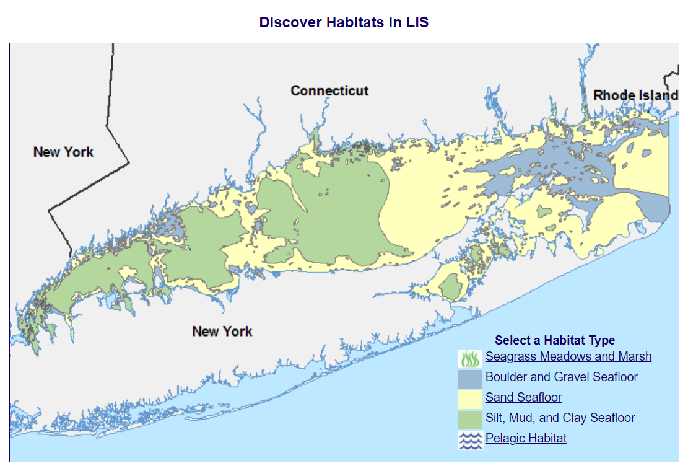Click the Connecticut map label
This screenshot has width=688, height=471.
pyautogui.click(x=329, y=90)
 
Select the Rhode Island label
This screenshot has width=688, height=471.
pyautogui.click(x=635, y=95)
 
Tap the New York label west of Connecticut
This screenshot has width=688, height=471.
pyautogui.click(x=63, y=152)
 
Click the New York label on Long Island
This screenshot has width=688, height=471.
pyautogui.click(x=222, y=331)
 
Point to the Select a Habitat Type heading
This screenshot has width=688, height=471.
pyautogui.click(x=555, y=340)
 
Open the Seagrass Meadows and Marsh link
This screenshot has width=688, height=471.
pyautogui.click(x=568, y=356)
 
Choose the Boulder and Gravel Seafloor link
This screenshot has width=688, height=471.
pyautogui.click(x=561, y=377)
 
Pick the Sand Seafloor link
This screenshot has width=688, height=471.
pyautogui.click(x=523, y=397)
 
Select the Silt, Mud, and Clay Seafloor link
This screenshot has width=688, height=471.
pyautogui.click(x=560, y=418)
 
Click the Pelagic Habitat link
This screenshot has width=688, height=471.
pyautogui.click(x=526, y=438)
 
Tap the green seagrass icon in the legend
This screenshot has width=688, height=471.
pyautogui.click(x=470, y=358)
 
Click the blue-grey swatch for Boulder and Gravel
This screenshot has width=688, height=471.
pyautogui.click(x=470, y=379)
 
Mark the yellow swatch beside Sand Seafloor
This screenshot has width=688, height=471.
pyautogui.click(x=470, y=399)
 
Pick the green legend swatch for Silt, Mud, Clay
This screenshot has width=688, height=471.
pyautogui.click(x=470, y=420)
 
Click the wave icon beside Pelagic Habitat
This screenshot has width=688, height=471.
pyautogui.click(x=470, y=440)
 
